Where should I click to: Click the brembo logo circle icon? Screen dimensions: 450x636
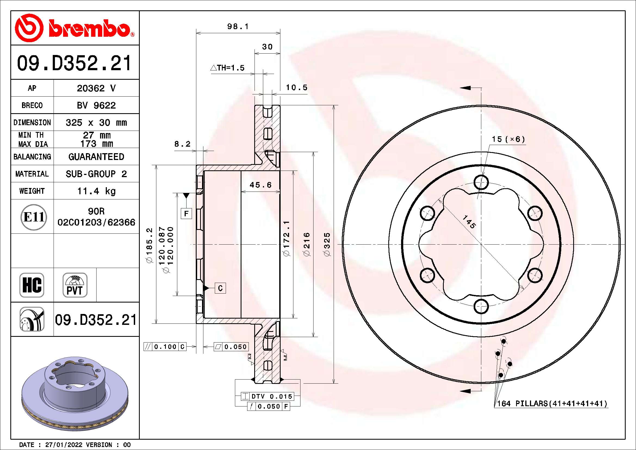(x=29, y=28)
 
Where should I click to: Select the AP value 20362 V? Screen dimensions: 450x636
(x=96, y=88)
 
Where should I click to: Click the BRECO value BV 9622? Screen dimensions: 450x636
(x=96, y=105)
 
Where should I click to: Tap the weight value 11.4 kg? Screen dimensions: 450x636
(x=96, y=191)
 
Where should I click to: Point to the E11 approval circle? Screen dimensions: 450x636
(x=33, y=217)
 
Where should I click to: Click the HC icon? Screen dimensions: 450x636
(x=32, y=285)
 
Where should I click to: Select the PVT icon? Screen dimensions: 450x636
(x=75, y=285)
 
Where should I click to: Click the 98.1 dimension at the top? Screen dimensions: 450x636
(x=238, y=27)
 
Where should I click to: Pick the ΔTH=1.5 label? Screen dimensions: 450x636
(x=227, y=68)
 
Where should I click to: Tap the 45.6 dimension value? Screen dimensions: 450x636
(x=260, y=185)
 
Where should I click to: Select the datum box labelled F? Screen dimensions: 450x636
(x=186, y=213)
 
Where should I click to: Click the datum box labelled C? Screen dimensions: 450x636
(x=220, y=288)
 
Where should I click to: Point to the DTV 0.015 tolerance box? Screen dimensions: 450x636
(x=271, y=396)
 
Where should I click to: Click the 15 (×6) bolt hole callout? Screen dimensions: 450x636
(x=508, y=139)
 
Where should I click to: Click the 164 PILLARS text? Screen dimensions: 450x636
(x=522, y=403)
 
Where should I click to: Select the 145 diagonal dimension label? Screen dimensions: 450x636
(x=469, y=222)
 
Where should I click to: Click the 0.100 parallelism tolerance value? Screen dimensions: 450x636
(x=165, y=347)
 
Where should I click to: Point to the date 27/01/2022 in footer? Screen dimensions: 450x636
(x=63, y=445)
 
